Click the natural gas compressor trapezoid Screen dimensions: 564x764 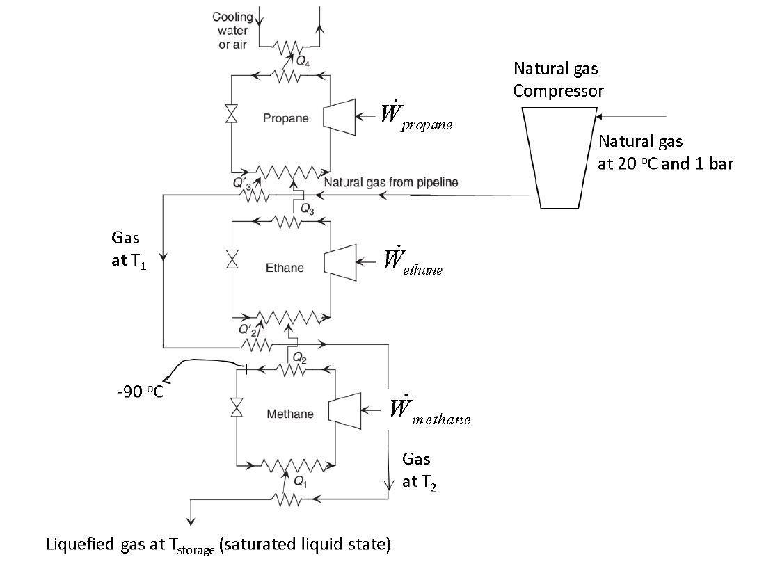click(559, 157)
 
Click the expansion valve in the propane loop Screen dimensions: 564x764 click(231, 114)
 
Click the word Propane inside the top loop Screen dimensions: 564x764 click(285, 118)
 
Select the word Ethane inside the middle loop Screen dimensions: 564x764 click(285, 268)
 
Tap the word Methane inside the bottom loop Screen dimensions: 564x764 click(290, 414)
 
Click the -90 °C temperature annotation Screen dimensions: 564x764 click(140, 392)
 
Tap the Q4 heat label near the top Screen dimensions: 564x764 click(303, 61)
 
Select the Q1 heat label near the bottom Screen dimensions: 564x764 click(301, 480)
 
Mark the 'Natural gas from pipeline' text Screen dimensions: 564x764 click(390, 183)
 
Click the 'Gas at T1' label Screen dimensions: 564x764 click(129, 251)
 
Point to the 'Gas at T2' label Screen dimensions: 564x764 click(416, 470)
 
